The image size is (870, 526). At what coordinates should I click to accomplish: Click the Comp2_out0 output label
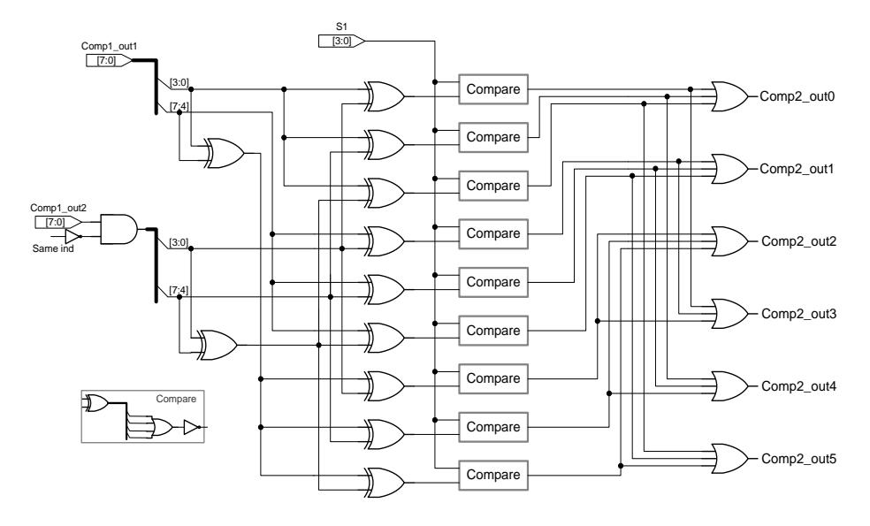pyautogui.click(x=797, y=96)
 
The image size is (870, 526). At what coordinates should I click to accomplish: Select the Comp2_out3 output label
pyautogui.click(x=798, y=314)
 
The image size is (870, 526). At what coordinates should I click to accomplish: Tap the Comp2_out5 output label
pyautogui.click(x=798, y=459)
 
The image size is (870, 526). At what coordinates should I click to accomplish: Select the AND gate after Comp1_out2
pyautogui.click(x=118, y=229)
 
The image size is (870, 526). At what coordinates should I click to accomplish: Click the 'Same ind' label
pyautogui.click(x=53, y=248)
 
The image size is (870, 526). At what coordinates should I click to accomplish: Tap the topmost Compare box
pyautogui.click(x=493, y=89)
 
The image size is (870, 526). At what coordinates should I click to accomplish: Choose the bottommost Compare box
pyautogui.click(x=493, y=475)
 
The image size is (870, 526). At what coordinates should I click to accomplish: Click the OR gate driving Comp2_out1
pyautogui.click(x=729, y=169)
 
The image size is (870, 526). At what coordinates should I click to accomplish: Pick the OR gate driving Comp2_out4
pyautogui.click(x=729, y=386)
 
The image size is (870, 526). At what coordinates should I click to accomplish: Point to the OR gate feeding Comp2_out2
pyautogui.click(x=729, y=241)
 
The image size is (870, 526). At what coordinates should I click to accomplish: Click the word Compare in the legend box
pyautogui.click(x=176, y=399)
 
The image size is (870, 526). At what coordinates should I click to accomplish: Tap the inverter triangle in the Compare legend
pyautogui.click(x=191, y=427)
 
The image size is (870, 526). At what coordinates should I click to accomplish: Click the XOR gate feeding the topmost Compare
pyautogui.click(x=385, y=96)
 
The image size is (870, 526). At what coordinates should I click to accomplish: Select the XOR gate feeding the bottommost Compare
pyautogui.click(x=385, y=482)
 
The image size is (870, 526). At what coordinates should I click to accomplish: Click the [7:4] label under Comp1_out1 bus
pyautogui.click(x=179, y=106)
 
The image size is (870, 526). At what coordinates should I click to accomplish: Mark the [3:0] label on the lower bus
pyautogui.click(x=179, y=242)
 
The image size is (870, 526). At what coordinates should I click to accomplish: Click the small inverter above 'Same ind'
pyautogui.click(x=72, y=236)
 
